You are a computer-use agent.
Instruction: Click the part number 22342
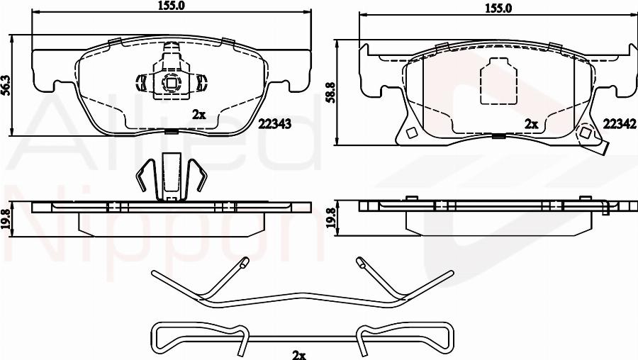pos(617,123)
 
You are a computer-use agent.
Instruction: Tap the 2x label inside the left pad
pos(198,113)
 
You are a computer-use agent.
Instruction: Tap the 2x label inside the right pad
pos(531,123)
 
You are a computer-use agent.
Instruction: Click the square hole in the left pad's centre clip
pos(171,81)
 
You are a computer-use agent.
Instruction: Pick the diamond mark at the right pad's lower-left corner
pos(411,133)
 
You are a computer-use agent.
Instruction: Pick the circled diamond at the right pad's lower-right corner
pos(586,133)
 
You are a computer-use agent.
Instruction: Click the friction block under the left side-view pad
pos(170,224)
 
